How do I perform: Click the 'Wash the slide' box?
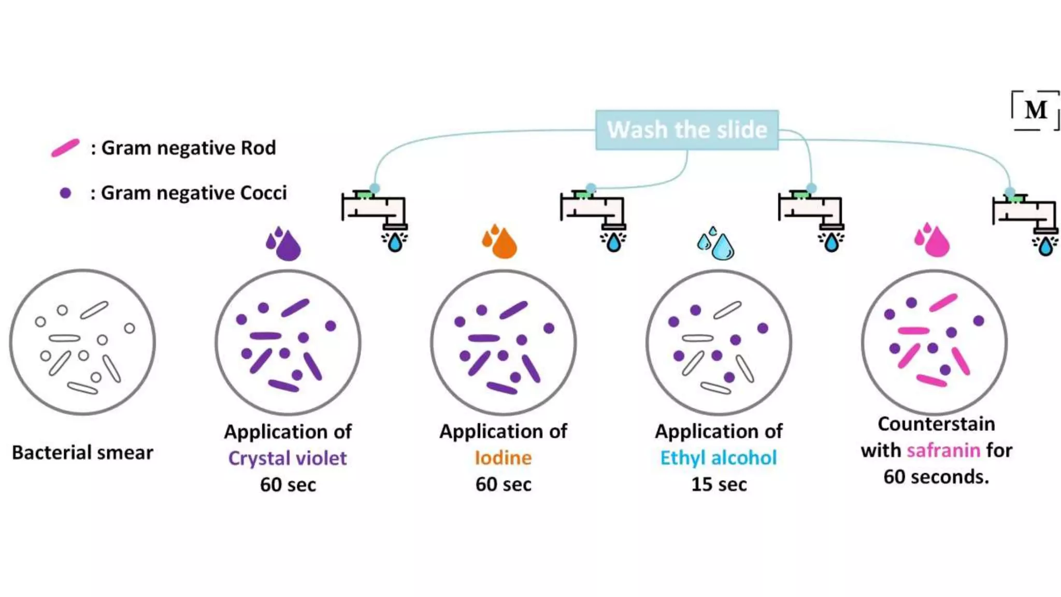pyautogui.click(x=686, y=130)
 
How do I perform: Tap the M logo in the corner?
pyautogui.click(x=1036, y=110)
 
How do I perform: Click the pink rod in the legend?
pyautogui.click(x=65, y=148)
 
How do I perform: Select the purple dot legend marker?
pyautogui.click(x=65, y=193)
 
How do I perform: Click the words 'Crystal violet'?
pyautogui.click(x=288, y=458)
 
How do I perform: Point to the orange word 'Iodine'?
pyautogui.click(x=503, y=458)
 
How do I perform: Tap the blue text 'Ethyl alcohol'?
pyautogui.click(x=719, y=458)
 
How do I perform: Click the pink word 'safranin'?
pyautogui.click(x=943, y=450)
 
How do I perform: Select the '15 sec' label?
pyautogui.click(x=719, y=485)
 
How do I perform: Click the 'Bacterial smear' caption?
pyautogui.click(x=82, y=452)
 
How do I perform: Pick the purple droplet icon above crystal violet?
pyautogui.click(x=284, y=244)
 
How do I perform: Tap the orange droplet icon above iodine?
pyautogui.click(x=500, y=241)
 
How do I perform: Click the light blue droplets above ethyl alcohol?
pyautogui.click(x=716, y=244)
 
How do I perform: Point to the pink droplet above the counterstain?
pyautogui.click(x=933, y=240)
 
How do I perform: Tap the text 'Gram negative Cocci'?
pyautogui.click(x=193, y=193)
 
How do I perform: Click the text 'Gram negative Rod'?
pyautogui.click(x=188, y=148)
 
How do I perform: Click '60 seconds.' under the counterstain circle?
pyautogui.click(x=936, y=477)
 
